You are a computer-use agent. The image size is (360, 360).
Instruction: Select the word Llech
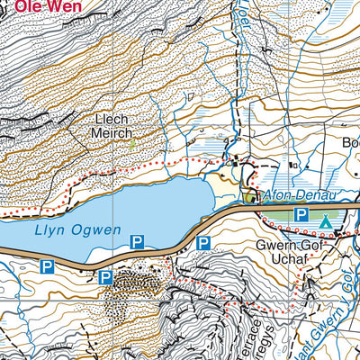click(x=114, y=119)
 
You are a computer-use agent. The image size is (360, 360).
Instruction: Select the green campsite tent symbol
click(x=325, y=218)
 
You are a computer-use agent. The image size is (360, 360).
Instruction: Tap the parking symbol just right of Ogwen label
click(x=138, y=241)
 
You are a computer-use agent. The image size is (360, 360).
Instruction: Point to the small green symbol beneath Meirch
click(x=131, y=144)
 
